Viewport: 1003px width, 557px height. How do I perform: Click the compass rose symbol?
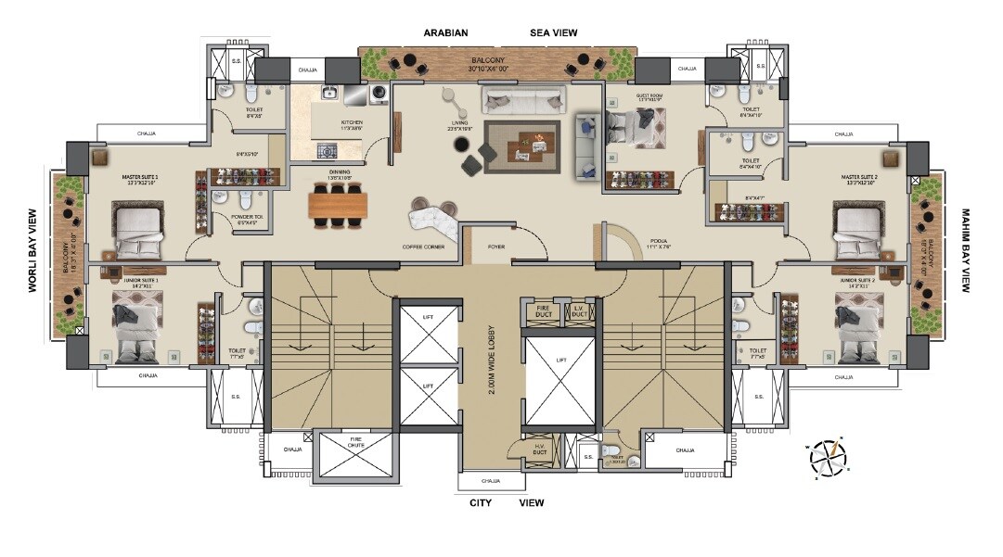(829, 459)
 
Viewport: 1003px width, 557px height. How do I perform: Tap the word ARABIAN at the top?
(445, 32)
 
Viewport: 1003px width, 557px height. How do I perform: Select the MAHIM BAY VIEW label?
(966, 250)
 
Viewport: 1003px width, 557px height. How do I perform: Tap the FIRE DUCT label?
(543, 311)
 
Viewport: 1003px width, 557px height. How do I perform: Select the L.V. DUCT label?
(578, 311)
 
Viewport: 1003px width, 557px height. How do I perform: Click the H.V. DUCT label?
(538, 451)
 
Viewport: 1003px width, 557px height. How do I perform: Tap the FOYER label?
(496, 247)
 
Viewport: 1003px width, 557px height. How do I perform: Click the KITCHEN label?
(352, 124)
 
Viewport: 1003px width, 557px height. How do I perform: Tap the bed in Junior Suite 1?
(136, 326)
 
